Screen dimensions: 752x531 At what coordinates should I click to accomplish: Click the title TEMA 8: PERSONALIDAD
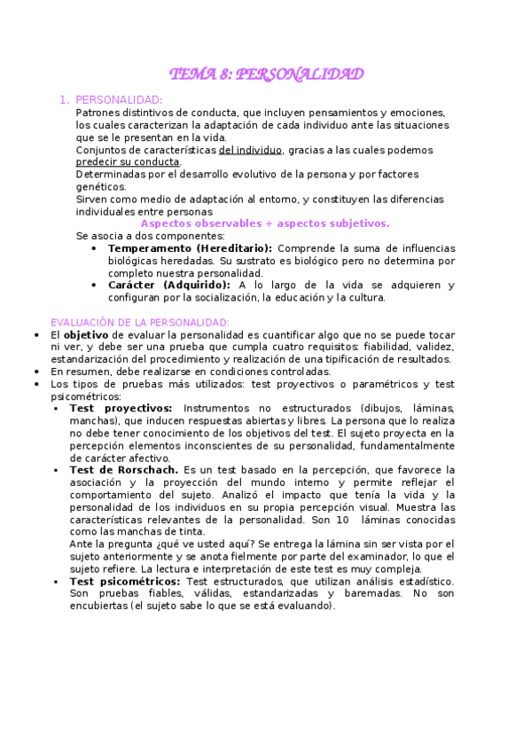266,74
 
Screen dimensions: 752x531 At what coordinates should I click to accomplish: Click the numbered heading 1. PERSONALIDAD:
119,100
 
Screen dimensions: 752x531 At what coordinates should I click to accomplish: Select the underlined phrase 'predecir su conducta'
128,162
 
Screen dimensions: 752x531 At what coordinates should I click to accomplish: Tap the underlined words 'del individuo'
251,150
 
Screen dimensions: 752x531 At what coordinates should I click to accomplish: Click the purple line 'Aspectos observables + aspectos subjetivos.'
265,224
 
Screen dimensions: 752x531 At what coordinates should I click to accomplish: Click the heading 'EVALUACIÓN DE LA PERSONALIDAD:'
140,322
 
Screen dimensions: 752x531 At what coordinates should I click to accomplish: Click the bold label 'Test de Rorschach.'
124,469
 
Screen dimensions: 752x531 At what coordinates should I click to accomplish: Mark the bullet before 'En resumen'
35,372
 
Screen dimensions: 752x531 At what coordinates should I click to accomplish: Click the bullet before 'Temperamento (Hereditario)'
95,249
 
